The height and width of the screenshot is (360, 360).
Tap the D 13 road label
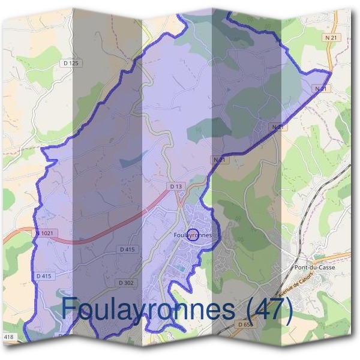(176, 187)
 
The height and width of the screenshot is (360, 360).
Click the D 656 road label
(245, 324)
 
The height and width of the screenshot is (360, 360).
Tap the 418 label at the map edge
(8, 338)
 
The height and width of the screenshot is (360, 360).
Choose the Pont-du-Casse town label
(315, 268)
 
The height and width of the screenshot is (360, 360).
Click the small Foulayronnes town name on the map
(192, 235)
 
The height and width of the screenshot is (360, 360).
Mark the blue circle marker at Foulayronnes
(193, 235)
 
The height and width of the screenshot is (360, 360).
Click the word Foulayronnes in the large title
(147, 309)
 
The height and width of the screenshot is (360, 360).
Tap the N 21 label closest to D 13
(218, 160)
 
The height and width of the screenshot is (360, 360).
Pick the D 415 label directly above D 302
(128, 248)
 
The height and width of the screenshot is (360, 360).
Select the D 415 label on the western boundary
(44, 276)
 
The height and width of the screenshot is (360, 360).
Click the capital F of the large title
(70, 309)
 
